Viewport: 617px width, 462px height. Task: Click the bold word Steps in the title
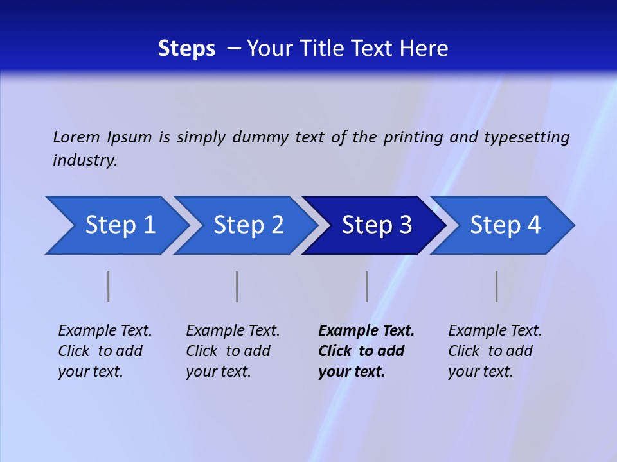click(186, 48)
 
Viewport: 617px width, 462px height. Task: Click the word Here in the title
click(424, 48)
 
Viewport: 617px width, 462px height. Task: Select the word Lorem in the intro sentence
click(76, 137)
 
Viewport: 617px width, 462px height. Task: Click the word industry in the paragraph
click(84, 160)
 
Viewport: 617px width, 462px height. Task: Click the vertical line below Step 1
click(109, 286)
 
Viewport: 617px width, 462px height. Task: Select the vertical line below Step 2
click(237, 286)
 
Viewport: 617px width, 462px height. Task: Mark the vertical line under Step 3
click(367, 286)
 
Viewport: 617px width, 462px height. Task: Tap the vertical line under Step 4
click(497, 286)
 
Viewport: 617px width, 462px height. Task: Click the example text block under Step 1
click(104, 351)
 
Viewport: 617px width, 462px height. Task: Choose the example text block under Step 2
click(232, 351)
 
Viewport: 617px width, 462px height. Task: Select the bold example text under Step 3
click(366, 351)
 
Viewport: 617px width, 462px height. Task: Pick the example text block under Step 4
click(494, 351)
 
